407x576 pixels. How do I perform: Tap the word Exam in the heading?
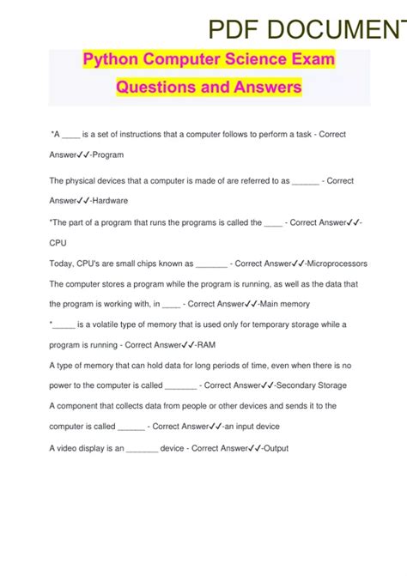[x=311, y=61]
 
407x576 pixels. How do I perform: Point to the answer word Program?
[x=109, y=155]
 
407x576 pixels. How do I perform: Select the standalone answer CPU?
[x=58, y=243]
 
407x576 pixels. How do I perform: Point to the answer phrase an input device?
[x=252, y=427]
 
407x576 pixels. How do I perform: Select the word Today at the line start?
[x=63, y=264]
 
